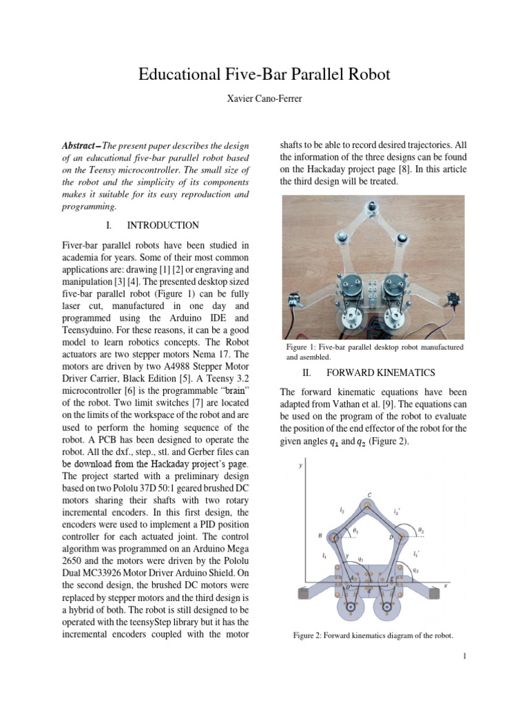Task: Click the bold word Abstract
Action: (79, 147)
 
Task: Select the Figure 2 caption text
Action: (373, 635)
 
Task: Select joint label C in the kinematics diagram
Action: (369, 494)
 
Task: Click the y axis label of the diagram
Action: (300, 465)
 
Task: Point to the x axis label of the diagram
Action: (446, 585)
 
